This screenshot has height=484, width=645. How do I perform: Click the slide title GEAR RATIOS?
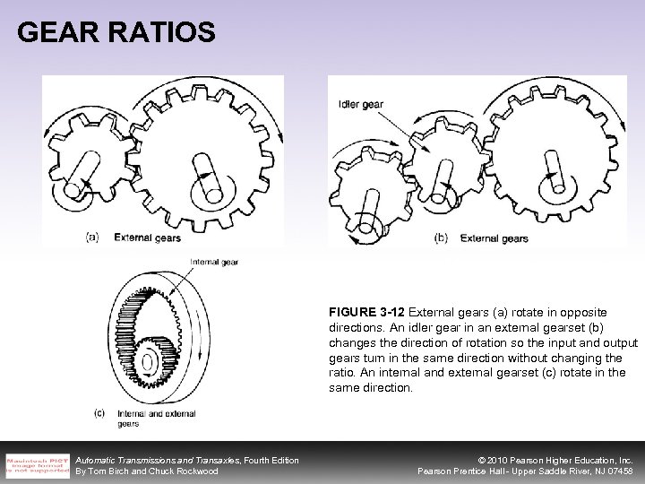116,33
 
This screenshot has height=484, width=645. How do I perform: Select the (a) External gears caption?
134,238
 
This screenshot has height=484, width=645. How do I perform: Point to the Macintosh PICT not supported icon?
33,464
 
